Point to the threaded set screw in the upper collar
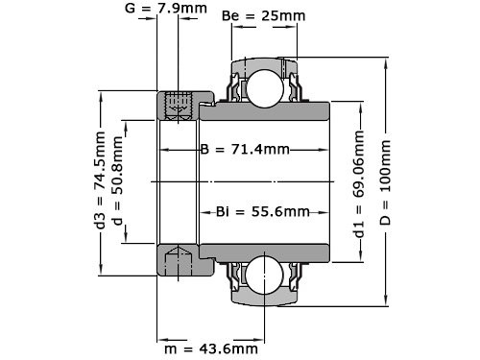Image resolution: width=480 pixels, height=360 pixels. (x=176, y=106)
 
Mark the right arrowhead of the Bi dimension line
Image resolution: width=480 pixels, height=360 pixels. (x=327, y=211)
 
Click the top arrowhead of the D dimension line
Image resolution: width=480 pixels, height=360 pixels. (x=385, y=57)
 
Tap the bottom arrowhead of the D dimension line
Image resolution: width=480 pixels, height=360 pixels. (x=385, y=304)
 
